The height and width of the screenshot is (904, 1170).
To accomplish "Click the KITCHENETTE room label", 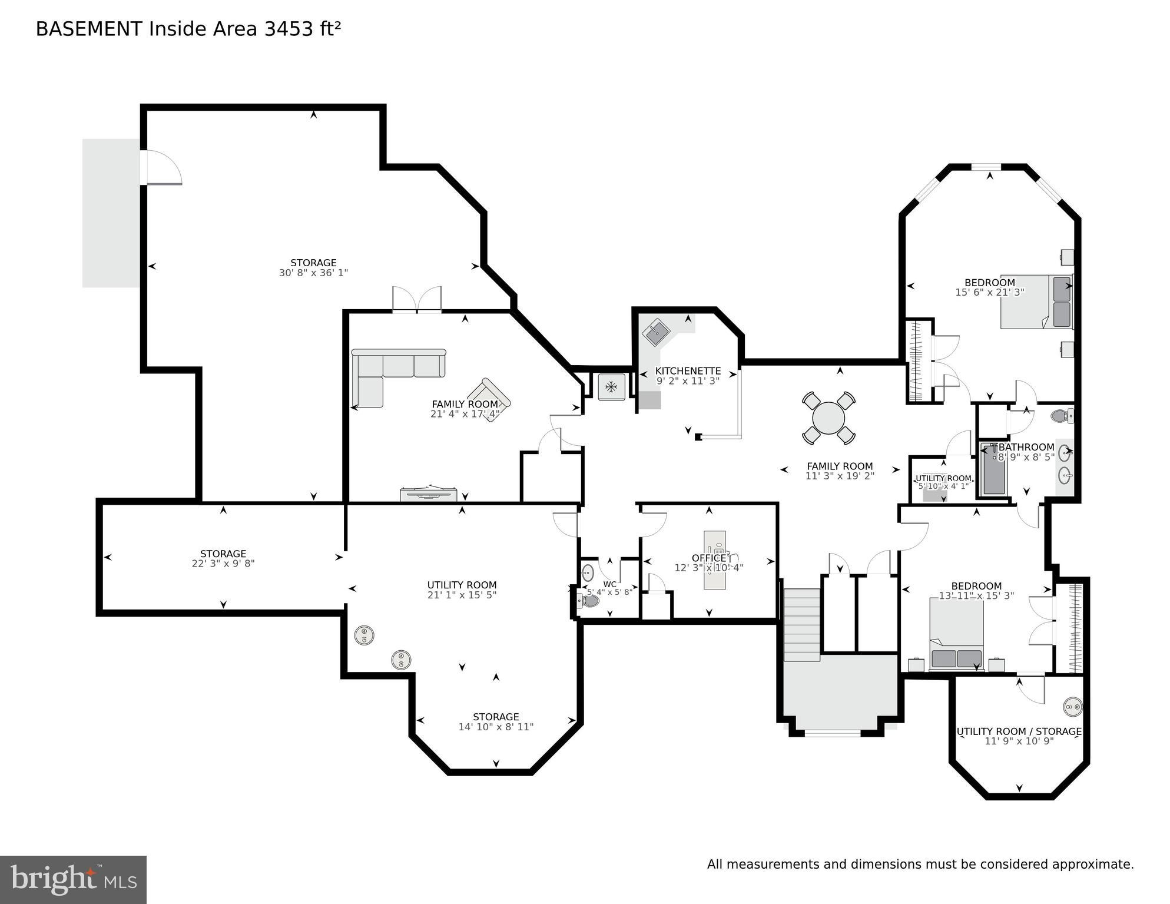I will coord(688,371).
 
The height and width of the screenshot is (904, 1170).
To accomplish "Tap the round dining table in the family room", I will coord(828,418).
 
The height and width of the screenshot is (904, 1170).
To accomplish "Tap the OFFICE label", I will coord(708,558).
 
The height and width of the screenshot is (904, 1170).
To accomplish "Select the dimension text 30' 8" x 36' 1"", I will coord(313,273).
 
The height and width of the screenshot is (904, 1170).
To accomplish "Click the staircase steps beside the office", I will coord(802,624).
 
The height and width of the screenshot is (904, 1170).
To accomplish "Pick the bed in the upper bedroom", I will coord(1036,302).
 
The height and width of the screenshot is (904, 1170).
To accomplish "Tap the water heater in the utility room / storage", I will coord(1072,706).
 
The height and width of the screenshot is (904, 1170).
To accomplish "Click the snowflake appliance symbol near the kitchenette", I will coord(611,387).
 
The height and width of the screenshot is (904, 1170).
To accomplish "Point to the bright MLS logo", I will coord(73,879).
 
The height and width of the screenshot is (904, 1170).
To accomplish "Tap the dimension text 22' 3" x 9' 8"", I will coord(223,564).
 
